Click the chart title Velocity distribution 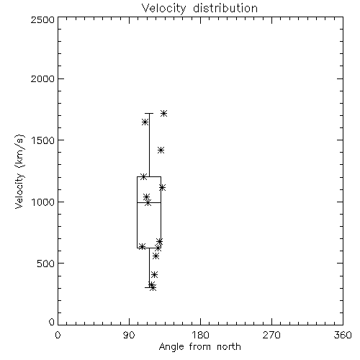pyautogui.click(x=199, y=8)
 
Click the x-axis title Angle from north pyautogui.click(x=199, y=347)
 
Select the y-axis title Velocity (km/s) pyautogui.click(x=19, y=171)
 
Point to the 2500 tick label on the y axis pyautogui.click(x=42, y=19)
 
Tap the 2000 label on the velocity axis pyautogui.click(x=42, y=78)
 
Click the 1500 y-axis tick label pyautogui.click(x=43, y=140)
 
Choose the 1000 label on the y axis pyautogui.click(x=43, y=202)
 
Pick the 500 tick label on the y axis pyautogui.click(x=46, y=264)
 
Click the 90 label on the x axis pyautogui.click(x=129, y=335)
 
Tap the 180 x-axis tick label pyautogui.click(x=200, y=335)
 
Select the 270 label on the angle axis pyautogui.click(x=271, y=335)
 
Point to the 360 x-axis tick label pyautogui.click(x=343, y=335)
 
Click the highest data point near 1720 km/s pyautogui.click(x=163, y=114)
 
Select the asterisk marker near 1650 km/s pyautogui.click(x=145, y=122)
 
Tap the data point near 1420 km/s pyautogui.click(x=161, y=150)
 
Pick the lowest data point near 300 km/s pyautogui.click(x=153, y=287)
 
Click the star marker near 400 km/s pyautogui.click(x=154, y=274)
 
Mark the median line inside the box pyautogui.click(x=149, y=203)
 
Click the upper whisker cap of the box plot pyautogui.click(x=149, y=113)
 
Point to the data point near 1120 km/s pyautogui.click(x=162, y=187)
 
